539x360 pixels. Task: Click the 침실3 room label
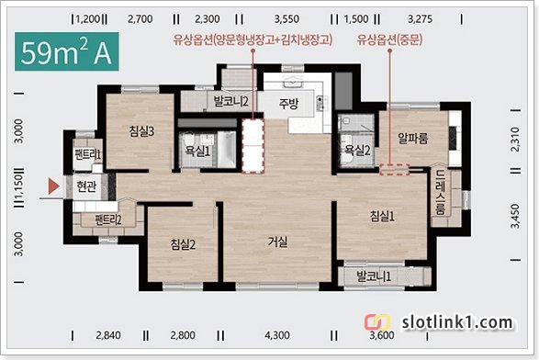pos(141,131)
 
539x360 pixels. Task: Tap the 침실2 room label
pos(183,244)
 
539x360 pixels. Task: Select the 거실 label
pos(277,242)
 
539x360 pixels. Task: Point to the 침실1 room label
pos(382,216)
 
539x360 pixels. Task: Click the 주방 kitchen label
pos(288,103)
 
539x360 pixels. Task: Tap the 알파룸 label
pos(413,139)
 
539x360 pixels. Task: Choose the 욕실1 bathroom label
pos(197,151)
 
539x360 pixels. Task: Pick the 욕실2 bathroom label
pos(357,150)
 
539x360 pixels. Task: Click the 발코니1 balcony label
pos(374,276)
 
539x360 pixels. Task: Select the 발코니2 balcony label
pos(230,101)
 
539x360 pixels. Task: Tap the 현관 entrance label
pos(86,186)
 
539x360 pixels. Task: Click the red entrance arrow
pos(54,186)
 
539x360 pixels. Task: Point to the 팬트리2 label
pos(108,219)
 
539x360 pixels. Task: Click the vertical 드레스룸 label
pos(441,193)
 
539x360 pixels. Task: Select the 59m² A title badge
pos(67,51)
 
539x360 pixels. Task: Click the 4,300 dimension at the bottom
pos(277,335)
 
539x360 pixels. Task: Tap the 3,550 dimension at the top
pos(286,19)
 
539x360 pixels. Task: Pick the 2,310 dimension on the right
pos(515,140)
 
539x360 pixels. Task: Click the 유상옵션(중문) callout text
pos(389,39)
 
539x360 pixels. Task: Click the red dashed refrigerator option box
pos(253,146)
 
